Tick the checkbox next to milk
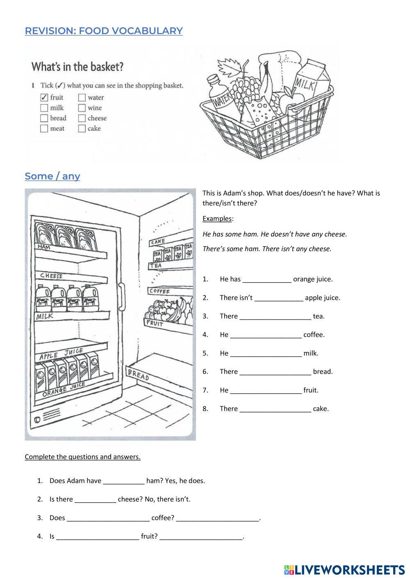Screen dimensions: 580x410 pos(44,108)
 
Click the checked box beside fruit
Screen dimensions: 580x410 pos(44,98)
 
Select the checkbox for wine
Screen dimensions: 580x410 pos(82,108)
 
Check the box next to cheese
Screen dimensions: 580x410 pos(82,118)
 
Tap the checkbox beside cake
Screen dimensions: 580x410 pos(82,128)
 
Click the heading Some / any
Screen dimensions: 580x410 pos(52,176)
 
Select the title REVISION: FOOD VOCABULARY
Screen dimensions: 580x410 pos(104,31)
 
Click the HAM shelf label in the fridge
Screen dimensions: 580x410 pos(43,247)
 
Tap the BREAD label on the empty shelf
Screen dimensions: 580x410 pos(138,374)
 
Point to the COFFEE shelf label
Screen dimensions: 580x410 pos(159,291)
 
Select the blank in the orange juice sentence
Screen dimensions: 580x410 pos(267,280)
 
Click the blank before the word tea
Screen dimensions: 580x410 pos(275,317)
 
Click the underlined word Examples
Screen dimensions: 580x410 pos(217,219)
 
